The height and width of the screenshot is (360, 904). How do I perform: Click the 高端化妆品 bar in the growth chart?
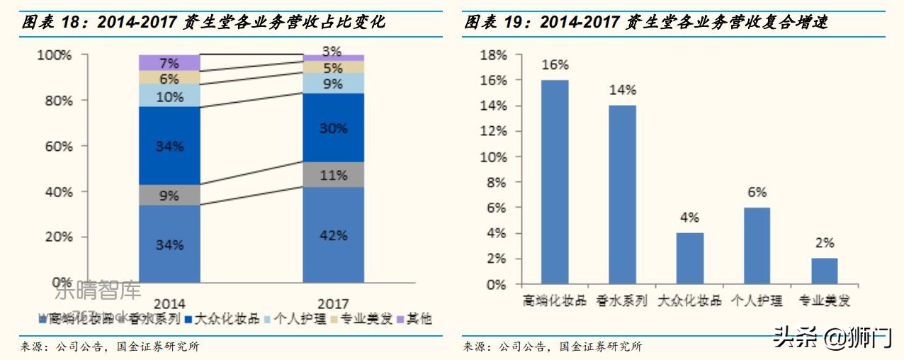click(555, 182)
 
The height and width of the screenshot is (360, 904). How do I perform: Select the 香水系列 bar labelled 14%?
click(622, 195)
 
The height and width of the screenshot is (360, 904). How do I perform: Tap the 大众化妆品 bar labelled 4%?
click(689, 259)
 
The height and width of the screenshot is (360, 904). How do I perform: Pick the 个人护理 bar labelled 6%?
click(757, 246)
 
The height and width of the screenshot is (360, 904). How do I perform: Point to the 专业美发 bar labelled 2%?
click(824, 271)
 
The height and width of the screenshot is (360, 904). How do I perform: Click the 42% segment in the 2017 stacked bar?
click(333, 235)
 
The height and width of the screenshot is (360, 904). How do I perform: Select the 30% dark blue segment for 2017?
click(333, 128)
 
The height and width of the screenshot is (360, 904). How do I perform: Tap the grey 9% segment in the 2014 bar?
click(169, 196)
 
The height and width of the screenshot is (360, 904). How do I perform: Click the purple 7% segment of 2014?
click(169, 62)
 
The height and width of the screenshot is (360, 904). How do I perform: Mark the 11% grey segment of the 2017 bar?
click(333, 174)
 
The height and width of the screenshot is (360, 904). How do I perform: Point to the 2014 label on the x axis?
click(169, 305)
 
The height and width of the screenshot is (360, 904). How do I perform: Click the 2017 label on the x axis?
click(333, 305)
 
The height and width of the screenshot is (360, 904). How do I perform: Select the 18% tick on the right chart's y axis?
click(493, 55)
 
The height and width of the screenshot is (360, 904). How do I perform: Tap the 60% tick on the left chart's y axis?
click(54, 146)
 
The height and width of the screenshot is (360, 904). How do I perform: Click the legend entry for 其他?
click(417, 319)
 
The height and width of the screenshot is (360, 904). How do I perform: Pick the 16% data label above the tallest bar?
click(555, 65)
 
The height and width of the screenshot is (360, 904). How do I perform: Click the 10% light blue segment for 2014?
click(169, 96)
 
